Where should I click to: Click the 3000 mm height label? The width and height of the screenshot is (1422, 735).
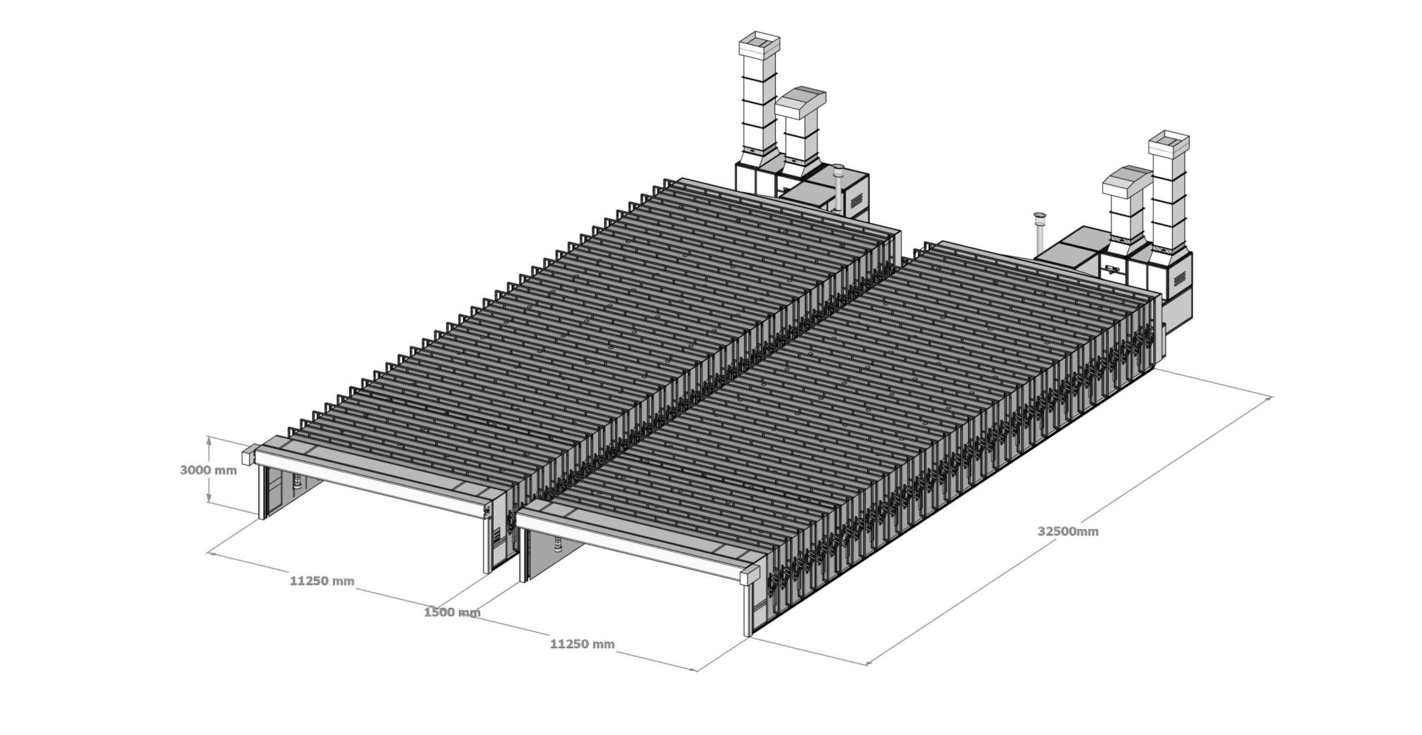[x=208, y=470]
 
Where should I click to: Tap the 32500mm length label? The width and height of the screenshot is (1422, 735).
[x=1068, y=531]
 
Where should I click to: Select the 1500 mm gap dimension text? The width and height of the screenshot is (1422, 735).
[x=452, y=613]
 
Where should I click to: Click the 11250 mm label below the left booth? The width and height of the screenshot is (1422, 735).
[x=322, y=581]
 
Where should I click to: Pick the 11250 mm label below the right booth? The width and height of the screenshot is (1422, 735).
[x=582, y=644]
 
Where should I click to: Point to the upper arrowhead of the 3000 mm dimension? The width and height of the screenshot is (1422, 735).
[x=209, y=439]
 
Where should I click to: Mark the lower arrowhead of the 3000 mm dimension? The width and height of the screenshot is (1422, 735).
[x=209, y=499]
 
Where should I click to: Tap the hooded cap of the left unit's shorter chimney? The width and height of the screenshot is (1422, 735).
[x=800, y=103]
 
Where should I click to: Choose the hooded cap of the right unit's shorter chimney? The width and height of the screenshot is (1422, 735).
[x=1126, y=182]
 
